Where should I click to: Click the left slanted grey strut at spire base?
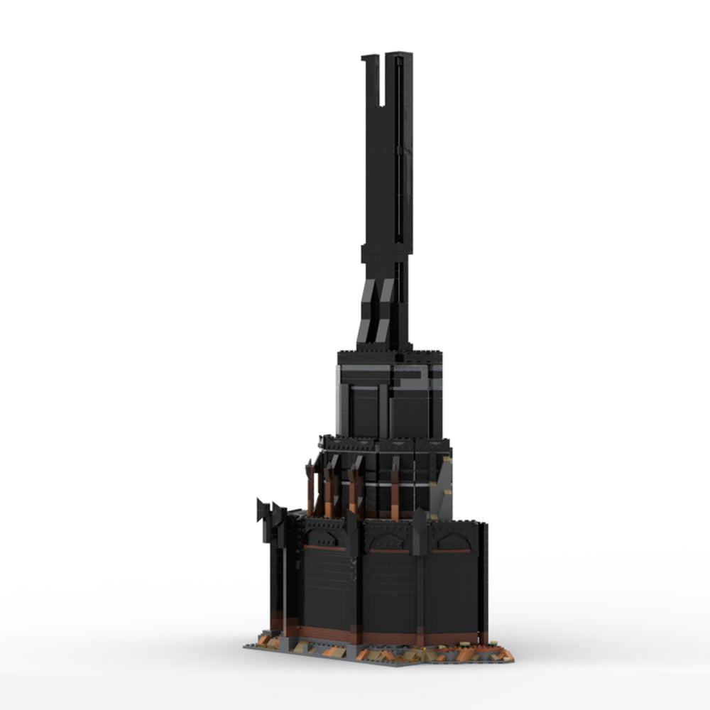click(368, 312)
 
